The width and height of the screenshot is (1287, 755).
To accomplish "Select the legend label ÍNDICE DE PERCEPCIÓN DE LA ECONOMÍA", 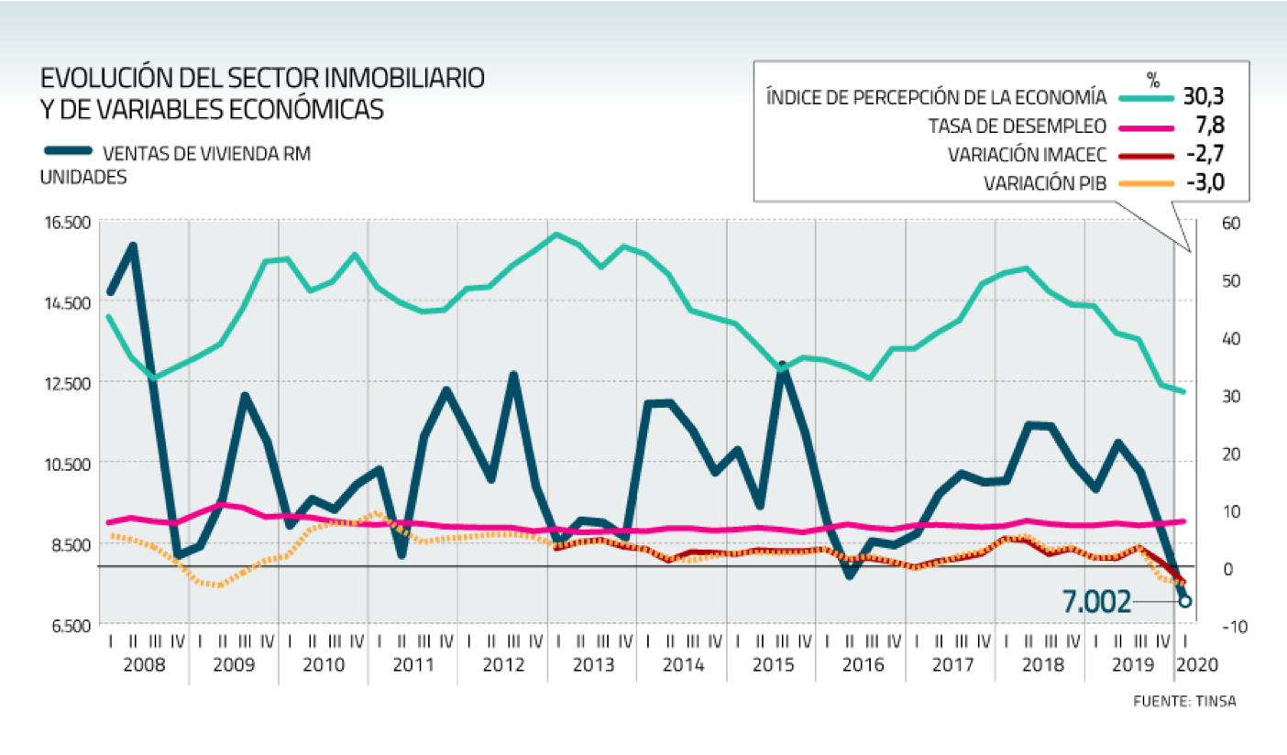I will pyautogui.click(x=936, y=97).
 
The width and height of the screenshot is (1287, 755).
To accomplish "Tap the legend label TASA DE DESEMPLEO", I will pyautogui.click(x=1017, y=126).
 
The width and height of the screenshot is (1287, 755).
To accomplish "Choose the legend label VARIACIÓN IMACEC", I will pyautogui.click(x=1027, y=155).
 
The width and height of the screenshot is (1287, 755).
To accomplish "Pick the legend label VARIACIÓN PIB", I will pyautogui.click(x=1045, y=183).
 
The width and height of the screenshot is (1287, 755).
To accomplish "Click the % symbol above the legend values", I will pyautogui.click(x=1153, y=77).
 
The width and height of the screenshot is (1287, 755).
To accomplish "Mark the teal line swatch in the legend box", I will pyautogui.click(x=1147, y=97).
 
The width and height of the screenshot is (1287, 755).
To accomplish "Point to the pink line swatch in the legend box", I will pyautogui.click(x=1147, y=126).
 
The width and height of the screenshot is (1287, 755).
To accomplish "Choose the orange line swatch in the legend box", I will pyautogui.click(x=1147, y=183).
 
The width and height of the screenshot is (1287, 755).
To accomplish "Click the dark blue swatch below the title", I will pyautogui.click(x=68, y=150).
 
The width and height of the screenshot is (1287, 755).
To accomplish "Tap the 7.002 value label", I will pyautogui.click(x=1096, y=602).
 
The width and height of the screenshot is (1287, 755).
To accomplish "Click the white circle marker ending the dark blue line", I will pyautogui.click(x=1185, y=601).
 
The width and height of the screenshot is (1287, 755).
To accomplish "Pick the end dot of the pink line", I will pyautogui.click(x=1182, y=521).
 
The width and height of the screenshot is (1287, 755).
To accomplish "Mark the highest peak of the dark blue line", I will pyautogui.click(x=134, y=246).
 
